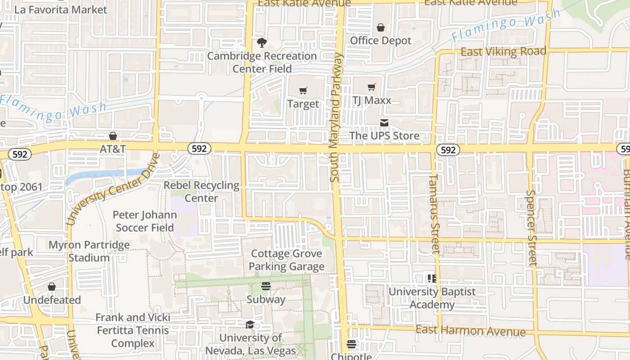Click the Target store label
pos(303,104)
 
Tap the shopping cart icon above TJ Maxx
pos(371,87)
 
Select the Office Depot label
pos(381,40)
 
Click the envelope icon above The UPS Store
pos(384,123)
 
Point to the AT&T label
pos(112,148)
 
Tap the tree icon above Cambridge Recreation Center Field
pos(261,43)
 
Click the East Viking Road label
pos(503,52)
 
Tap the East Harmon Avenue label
pos(470,331)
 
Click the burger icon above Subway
pos(265,286)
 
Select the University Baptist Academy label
pos(432,298)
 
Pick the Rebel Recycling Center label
pos(202,191)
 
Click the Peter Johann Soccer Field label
pos(145,221)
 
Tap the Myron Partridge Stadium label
pos(89,251)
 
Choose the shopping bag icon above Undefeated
pos(52,287)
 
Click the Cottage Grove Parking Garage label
pos(287,260)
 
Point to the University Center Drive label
pos(112,189)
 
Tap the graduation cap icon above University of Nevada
pos(250,325)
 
